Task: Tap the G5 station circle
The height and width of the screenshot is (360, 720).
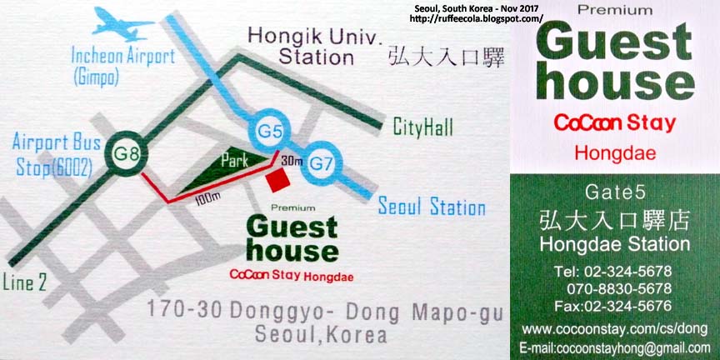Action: (x=266, y=129)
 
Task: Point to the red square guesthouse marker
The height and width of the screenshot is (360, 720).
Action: (x=277, y=180)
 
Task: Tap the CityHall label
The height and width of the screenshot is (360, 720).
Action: (x=423, y=127)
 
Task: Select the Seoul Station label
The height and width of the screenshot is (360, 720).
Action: (x=432, y=207)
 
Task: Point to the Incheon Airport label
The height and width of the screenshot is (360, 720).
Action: (x=122, y=57)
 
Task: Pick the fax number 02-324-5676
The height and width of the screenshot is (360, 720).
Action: (x=614, y=305)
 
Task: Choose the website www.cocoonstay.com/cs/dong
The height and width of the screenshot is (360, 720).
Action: (x=614, y=328)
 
